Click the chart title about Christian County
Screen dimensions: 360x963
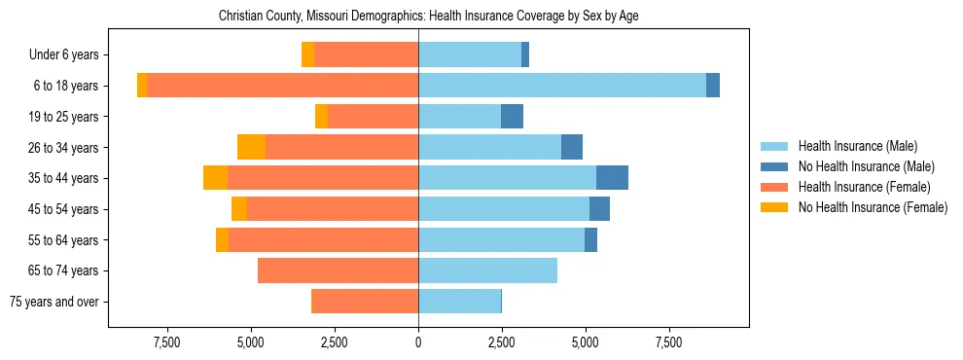428,17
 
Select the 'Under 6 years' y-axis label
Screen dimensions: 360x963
69,54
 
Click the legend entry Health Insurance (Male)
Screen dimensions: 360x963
857,146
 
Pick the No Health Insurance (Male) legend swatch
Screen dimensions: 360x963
774,166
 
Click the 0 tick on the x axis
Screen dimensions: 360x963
418,343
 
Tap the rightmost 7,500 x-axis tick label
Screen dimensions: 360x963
669,343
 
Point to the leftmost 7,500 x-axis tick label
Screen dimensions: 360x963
167,343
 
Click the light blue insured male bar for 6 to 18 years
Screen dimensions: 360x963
562,86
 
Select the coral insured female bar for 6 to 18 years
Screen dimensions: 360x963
282,86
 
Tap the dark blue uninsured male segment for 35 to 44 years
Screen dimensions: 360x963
612,178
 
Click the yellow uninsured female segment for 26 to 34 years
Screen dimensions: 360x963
251,147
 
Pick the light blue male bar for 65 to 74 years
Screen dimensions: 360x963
487,270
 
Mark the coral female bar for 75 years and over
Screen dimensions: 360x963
365,302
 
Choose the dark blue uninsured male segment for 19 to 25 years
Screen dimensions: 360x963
512,117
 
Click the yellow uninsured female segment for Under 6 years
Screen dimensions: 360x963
308,54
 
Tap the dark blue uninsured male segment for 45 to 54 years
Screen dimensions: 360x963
599,209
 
